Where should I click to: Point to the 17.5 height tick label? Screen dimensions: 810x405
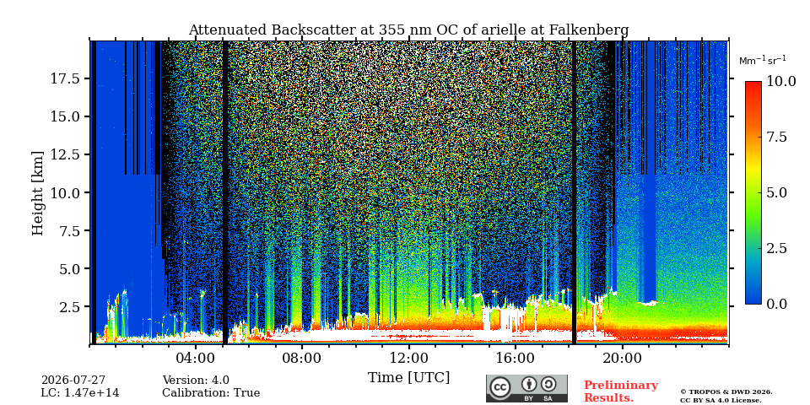click(66, 78)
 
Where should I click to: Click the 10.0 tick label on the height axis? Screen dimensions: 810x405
click(66, 192)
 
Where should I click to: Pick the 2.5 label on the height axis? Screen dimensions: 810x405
click(70, 306)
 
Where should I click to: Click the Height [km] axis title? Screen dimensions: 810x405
click(38, 193)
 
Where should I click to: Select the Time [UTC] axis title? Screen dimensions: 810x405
click(408, 378)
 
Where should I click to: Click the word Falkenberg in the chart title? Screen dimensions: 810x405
click(586, 30)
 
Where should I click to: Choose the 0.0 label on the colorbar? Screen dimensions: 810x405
click(776, 304)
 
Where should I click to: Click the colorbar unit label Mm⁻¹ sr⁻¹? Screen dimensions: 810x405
click(763, 61)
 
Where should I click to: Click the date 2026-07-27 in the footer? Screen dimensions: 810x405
click(73, 381)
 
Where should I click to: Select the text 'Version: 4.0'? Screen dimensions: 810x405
click(196, 381)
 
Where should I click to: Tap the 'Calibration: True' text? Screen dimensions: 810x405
click(211, 393)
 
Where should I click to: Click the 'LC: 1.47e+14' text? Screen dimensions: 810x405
click(80, 393)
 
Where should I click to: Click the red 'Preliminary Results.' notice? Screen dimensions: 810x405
click(621, 391)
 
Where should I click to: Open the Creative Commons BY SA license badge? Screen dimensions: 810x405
click(526, 388)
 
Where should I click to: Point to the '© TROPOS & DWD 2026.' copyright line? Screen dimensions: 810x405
click(726, 392)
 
